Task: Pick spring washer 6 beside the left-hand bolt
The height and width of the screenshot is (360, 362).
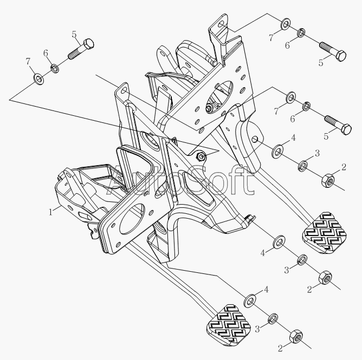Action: tap(55, 69)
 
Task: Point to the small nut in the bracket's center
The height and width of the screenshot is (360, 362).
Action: tap(201, 157)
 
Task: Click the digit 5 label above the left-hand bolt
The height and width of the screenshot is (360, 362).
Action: tap(74, 34)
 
